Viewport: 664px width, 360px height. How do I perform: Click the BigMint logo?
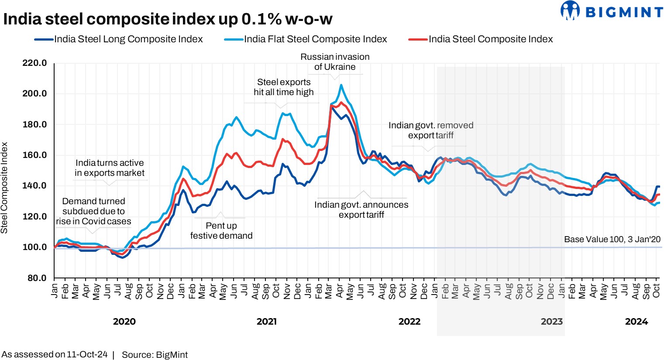(x=612, y=11)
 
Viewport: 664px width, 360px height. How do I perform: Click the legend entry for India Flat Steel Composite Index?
(x=315, y=39)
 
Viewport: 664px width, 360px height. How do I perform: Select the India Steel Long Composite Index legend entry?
(x=128, y=39)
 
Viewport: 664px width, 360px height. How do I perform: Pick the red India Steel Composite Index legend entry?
(x=490, y=39)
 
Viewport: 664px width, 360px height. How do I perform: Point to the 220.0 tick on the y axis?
(x=34, y=63)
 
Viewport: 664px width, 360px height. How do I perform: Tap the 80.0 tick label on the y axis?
(x=36, y=278)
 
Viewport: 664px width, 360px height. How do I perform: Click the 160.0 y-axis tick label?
(x=34, y=155)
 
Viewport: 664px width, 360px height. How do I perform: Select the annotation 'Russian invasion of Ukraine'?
(x=335, y=62)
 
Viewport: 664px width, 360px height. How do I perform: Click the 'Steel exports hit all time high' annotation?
(x=284, y=87)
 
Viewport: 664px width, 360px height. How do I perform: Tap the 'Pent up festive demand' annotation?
(x=221, y=230)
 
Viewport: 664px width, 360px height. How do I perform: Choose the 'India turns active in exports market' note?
(x=110, y=168)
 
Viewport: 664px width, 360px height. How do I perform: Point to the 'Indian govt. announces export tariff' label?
(x=361, y=209)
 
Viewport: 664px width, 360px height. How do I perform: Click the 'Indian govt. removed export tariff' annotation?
(x=431, y=130)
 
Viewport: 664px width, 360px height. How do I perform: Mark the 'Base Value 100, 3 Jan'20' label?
(x=612, y=239)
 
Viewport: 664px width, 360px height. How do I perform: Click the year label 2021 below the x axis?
(x=266, y=322)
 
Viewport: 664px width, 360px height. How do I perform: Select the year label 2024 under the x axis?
(x=636, y=322)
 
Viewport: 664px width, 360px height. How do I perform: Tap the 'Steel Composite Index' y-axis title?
(x=5, y=188)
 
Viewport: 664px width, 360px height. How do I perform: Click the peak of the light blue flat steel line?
(x=341, y=85)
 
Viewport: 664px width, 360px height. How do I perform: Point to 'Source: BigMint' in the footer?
(x=155, y=355)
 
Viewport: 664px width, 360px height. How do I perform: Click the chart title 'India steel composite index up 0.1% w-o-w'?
(x=168, y=19)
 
